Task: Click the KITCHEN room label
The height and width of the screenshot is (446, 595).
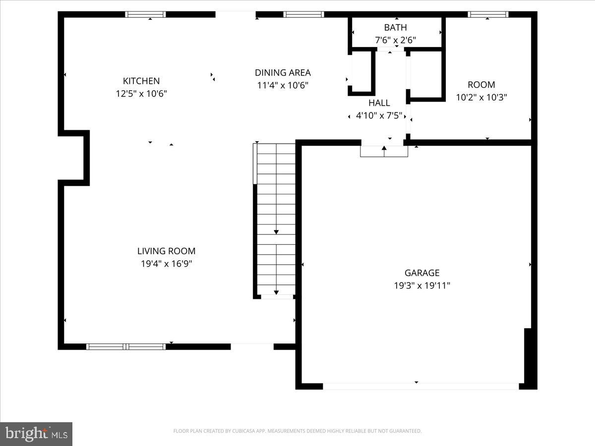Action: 141,81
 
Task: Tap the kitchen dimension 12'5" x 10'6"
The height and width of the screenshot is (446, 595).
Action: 141,94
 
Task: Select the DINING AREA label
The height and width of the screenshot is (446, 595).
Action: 283,73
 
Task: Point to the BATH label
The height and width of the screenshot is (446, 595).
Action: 395,28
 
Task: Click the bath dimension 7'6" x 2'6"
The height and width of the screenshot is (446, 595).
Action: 395,40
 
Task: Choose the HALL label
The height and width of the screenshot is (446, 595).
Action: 379,103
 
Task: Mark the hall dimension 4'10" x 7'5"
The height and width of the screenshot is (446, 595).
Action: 379,116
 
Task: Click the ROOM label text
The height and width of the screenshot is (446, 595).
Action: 481,85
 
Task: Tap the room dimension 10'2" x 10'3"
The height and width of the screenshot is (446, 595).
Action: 481,98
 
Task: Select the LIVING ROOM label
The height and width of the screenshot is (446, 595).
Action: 167,251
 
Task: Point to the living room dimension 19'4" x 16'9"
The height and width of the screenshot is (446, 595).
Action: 167,264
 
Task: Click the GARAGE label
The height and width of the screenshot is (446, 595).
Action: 422,273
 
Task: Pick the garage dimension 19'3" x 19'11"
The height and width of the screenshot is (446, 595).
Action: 422,285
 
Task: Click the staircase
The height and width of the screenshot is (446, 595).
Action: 276,221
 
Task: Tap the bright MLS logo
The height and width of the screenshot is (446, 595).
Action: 36,434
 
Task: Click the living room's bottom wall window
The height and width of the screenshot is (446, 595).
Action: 126,346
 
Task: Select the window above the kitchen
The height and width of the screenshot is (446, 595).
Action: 145,14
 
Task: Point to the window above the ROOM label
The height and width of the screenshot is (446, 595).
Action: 488,14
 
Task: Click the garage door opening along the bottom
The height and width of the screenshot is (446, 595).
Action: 421,386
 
